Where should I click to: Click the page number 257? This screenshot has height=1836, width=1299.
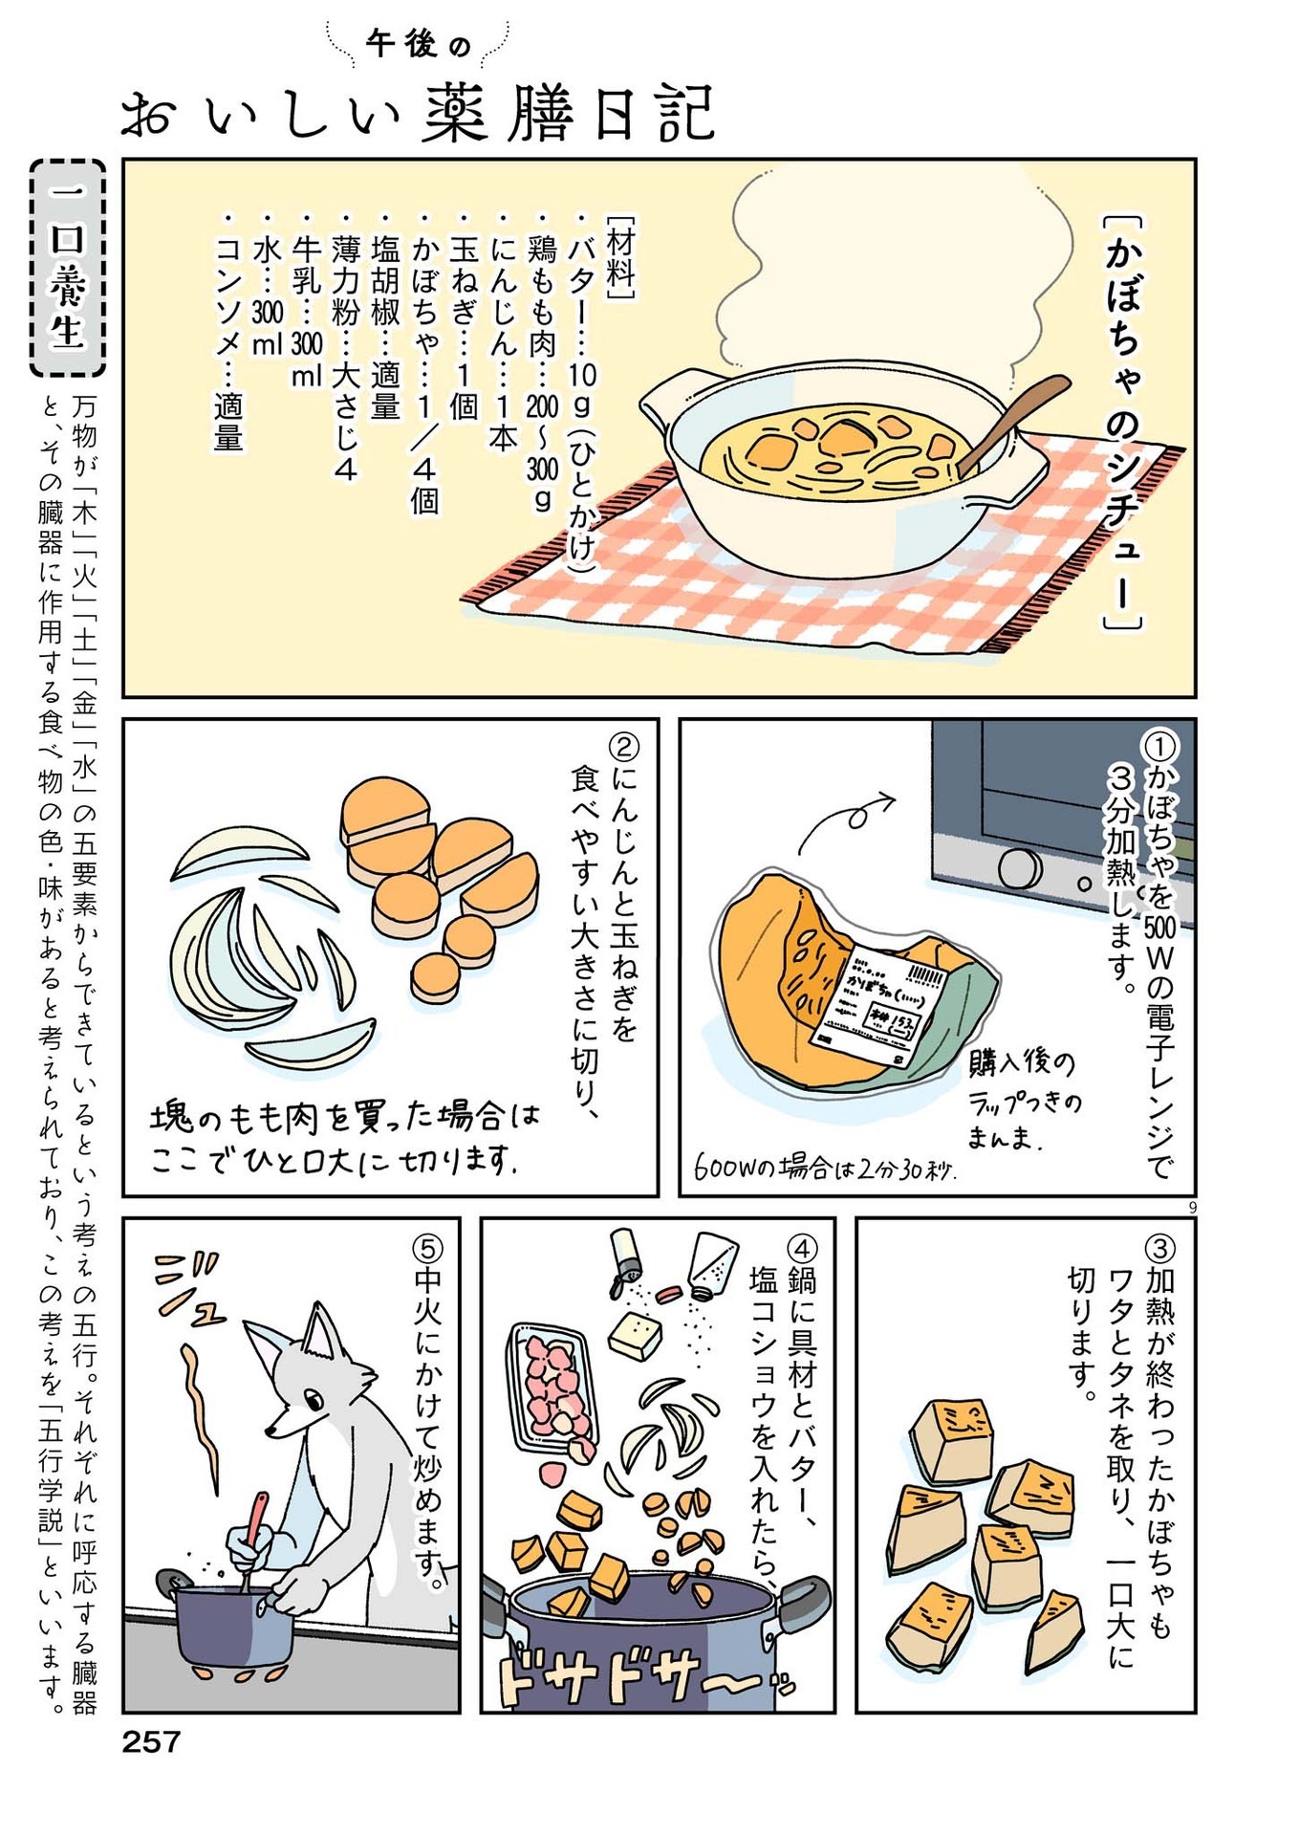151,1741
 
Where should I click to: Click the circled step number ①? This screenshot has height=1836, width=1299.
1160,745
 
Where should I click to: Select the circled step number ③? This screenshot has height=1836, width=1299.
1159,1247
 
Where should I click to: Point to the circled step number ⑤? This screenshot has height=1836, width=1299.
427,1247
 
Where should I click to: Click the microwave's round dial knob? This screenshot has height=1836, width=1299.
1019,868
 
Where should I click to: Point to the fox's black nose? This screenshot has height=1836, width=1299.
271,1432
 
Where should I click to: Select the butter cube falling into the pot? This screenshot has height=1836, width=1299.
636,1335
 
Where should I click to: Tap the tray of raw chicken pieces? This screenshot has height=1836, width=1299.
552,1386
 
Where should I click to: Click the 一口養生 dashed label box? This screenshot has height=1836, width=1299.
67,267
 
